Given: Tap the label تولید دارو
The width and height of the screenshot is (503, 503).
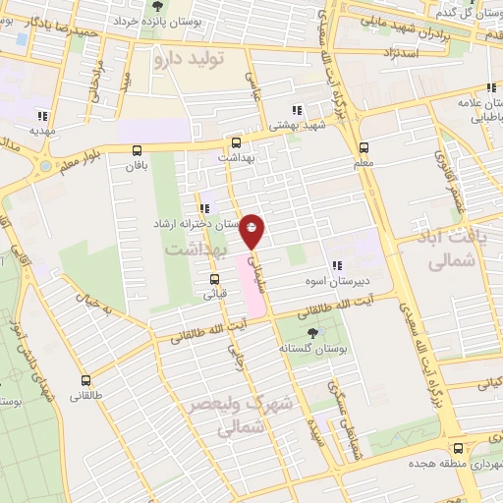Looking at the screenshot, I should [190, 60].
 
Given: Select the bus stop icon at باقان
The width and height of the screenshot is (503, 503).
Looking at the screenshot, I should [137, 150].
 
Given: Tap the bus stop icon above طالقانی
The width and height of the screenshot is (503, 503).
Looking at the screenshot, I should [86, 380].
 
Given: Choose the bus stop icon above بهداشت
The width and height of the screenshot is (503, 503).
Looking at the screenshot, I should [234, 142].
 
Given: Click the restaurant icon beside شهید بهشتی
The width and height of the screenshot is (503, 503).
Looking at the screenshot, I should [298, 110].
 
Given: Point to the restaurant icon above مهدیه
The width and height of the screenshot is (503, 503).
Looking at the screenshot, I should [41, 114].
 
